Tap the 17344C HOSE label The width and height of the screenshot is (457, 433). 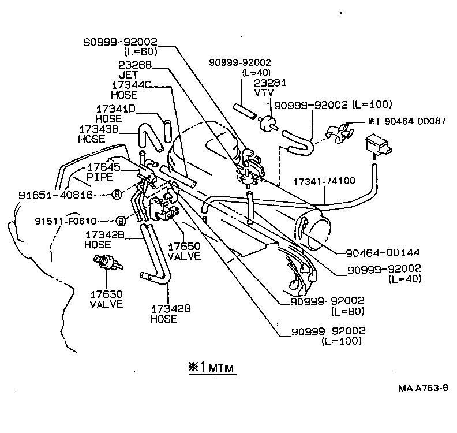131,89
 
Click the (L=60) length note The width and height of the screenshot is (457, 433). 141,51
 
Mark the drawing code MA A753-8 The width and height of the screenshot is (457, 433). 423,388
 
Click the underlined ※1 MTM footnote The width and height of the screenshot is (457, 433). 212,367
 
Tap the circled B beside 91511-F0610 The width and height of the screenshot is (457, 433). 121,221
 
